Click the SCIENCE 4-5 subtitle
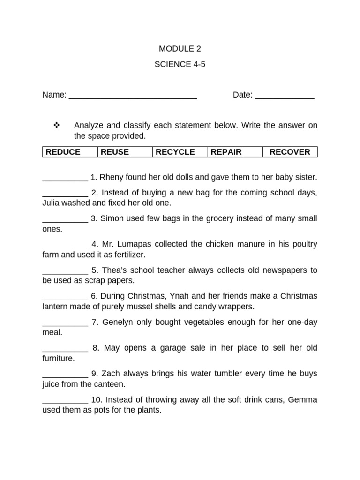pyautogui.click(x=180, y=65)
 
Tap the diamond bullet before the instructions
pyautogui.click(x=57, y=125)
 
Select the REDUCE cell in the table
pyautogui.click(x=70, y=152)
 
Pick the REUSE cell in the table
pyautogui.click(x=125, y=152)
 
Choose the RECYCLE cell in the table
pyautogui.click(x=180, y=152)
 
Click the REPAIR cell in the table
pyautogui.click(x=235, y=152)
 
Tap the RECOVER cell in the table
pyautogui.click(x=290, y=152)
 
